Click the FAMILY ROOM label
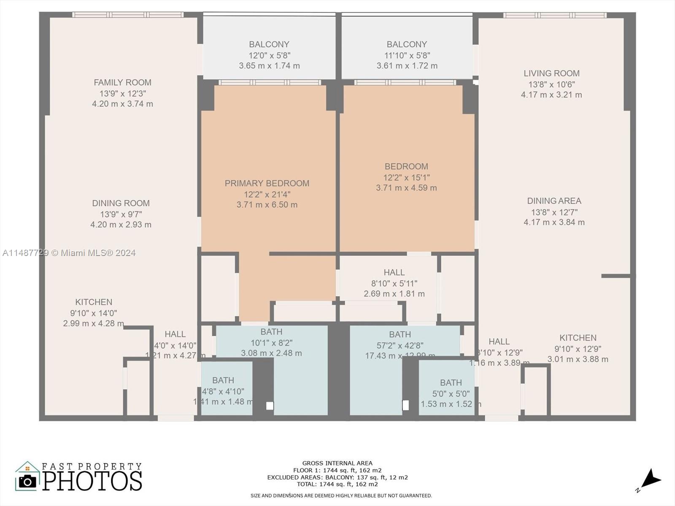tap(122, 83)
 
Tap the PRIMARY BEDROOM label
tap(267, 183)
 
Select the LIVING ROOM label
tap(551, 73)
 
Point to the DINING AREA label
tap(554, 201)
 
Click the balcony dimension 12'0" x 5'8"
tap(269, 55)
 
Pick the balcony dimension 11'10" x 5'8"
tap(407, 55)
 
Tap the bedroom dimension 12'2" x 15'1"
tap(406, 178)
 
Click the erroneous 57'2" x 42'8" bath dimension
tap(400, 345)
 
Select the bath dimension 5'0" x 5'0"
tap(451, 393)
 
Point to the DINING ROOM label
tap(121, 203)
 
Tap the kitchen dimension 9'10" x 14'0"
tap(93, 313)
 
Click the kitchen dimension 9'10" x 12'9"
tap(578, 349)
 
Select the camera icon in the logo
tap(28, 481)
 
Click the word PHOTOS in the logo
tap(92, 481)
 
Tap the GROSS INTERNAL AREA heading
tap(337, 463)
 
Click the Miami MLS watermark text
tap(69, 253)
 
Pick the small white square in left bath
tap(270, 406)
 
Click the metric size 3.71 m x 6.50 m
tap(267, 205)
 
